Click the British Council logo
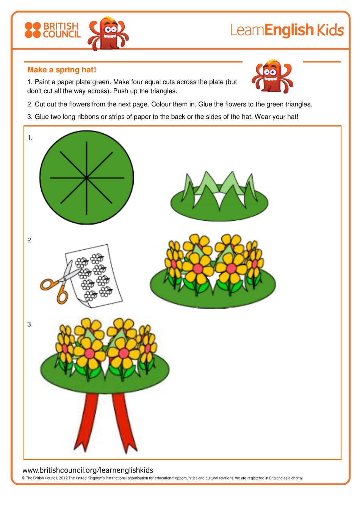point(53,30)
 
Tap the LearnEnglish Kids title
point(286,30)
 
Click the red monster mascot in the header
point(108,33)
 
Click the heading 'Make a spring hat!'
point(62,70)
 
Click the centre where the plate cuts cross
point(87,178)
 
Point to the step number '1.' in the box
point(30,138)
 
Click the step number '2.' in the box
point(30,240)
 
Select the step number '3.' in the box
point(30,324)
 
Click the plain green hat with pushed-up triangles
point(219,199)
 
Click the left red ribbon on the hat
point(86,420)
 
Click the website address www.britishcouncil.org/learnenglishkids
point(88,470)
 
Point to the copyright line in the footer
point(163,478)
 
